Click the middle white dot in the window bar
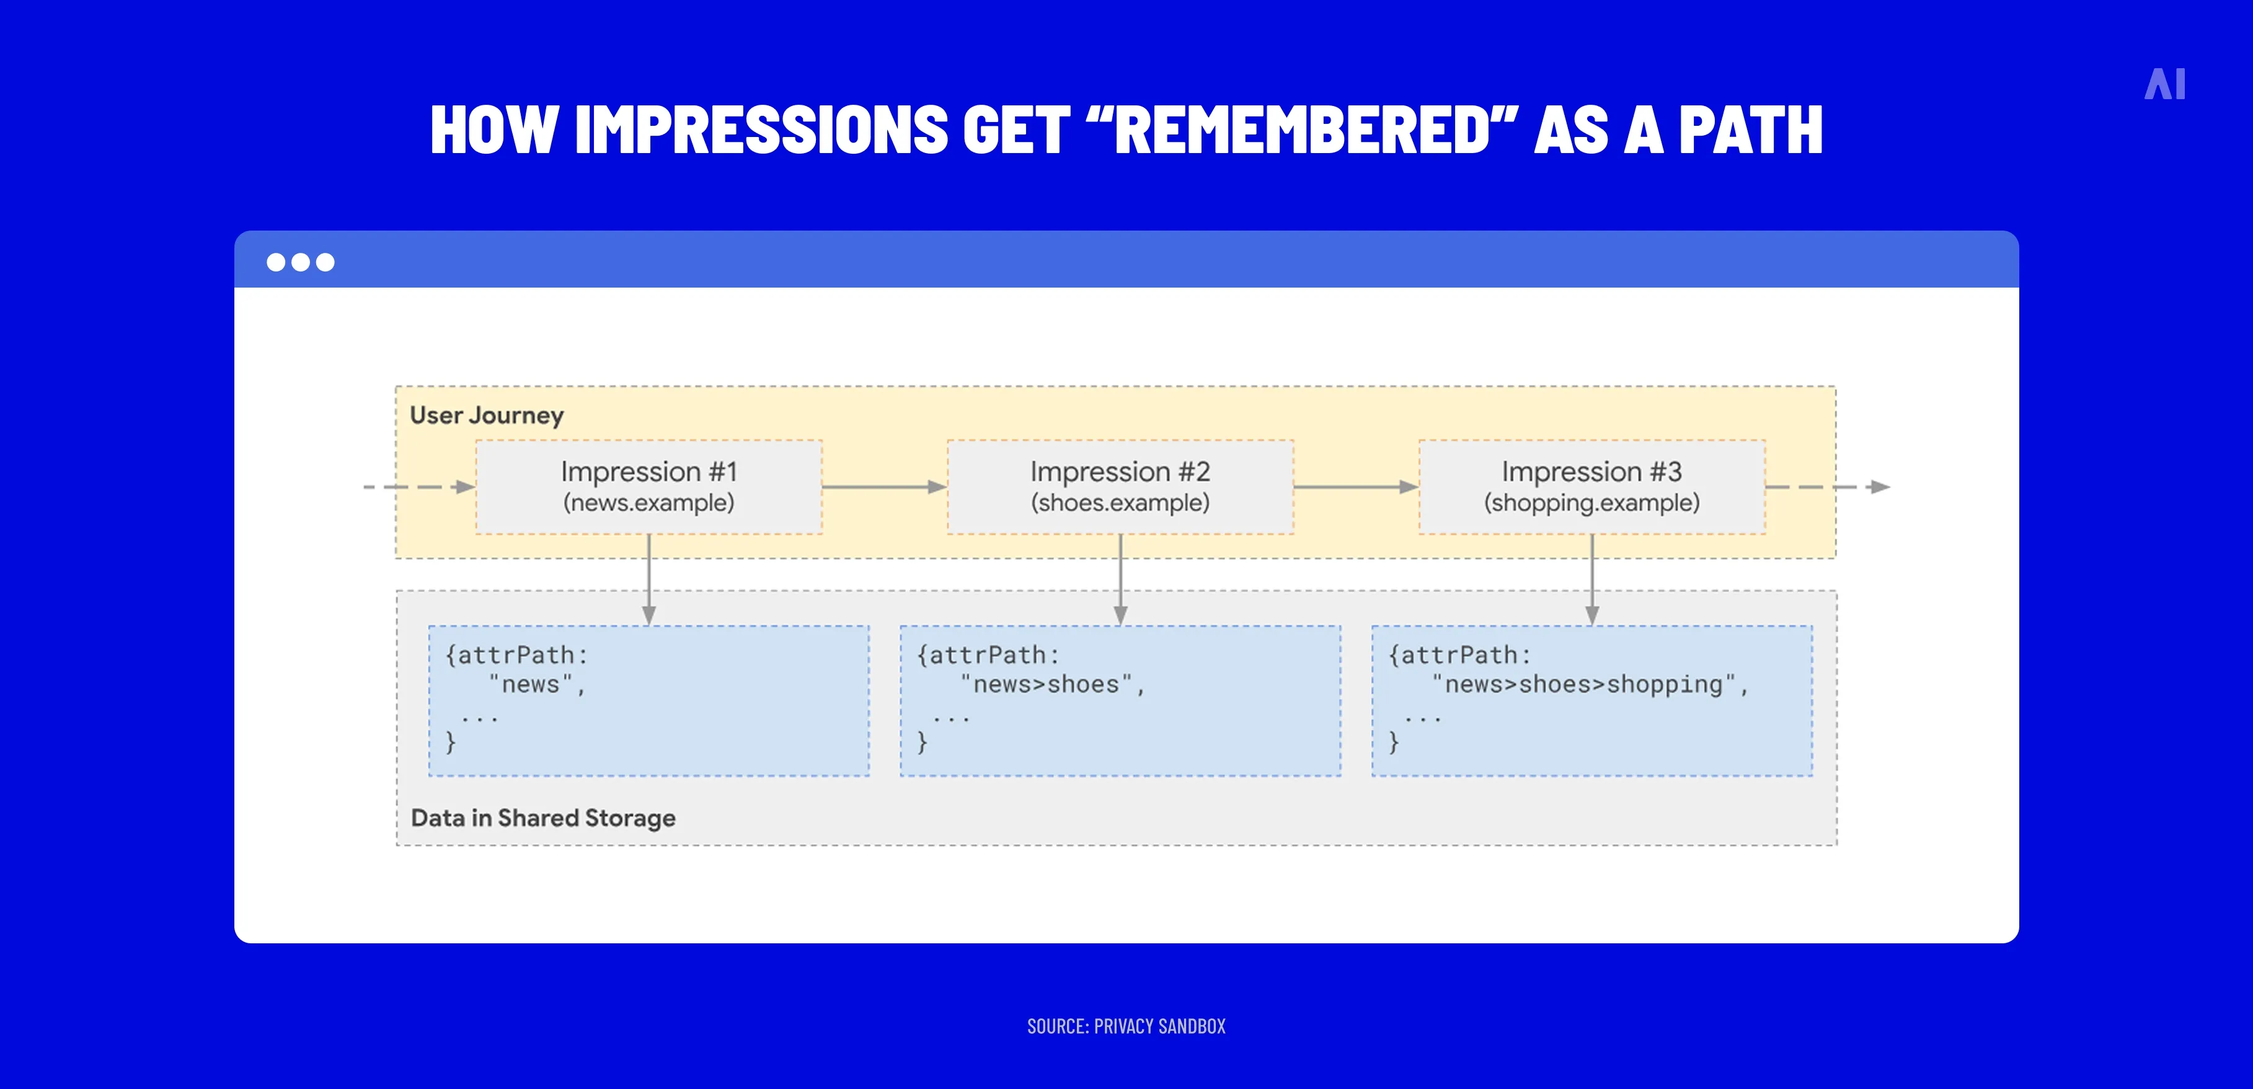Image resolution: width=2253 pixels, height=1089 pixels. pos(300,262)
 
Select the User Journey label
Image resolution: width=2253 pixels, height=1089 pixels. pos(486,415)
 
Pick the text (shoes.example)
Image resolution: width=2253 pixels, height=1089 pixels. pos(1120,503)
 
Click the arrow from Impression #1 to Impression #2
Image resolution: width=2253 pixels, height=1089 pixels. pos(883,487)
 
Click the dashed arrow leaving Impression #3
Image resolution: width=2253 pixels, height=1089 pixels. pos(1828,487)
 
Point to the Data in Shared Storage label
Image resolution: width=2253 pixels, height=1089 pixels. pos(542,818)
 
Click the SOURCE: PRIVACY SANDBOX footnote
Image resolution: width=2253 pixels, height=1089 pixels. pos(1126,1026)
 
